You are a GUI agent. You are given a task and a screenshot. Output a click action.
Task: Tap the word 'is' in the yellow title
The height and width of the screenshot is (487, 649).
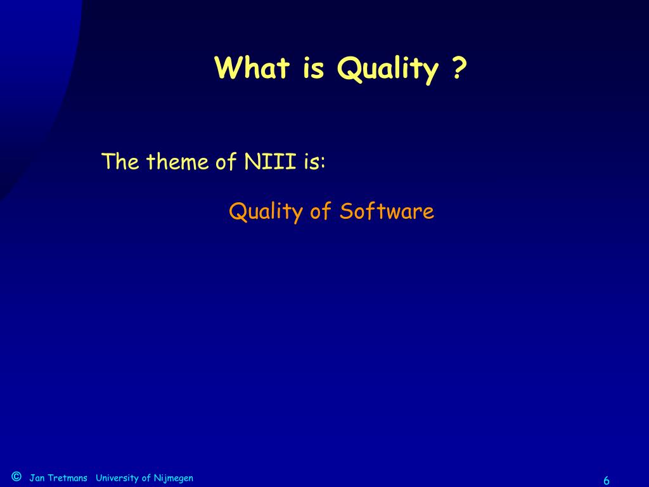coord(313,68)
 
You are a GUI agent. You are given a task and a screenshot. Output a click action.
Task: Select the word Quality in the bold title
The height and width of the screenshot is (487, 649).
coord(387,69)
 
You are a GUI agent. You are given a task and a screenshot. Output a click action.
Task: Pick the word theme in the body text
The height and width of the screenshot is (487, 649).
coord(177,161)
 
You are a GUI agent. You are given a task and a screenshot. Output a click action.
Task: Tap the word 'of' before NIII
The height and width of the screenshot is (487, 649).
coord(226,161)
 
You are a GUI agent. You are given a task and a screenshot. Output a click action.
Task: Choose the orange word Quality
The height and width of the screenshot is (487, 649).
coord(266,212)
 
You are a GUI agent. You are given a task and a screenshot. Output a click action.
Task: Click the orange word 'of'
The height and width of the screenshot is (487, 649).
coord(321,211)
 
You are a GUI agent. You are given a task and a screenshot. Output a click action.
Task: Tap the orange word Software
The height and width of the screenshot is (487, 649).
coord(387,211)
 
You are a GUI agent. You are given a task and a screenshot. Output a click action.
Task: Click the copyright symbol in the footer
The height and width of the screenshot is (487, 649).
coord(16,476)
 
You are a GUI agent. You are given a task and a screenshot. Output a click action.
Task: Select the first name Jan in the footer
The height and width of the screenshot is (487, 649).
coord(37,478)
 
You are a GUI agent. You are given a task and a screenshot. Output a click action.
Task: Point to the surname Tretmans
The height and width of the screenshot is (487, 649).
coord(67,478)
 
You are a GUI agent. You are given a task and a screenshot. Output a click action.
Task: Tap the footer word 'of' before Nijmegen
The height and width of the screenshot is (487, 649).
coord(146,478)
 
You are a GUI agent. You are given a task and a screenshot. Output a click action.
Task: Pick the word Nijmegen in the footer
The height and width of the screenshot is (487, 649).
coord(174,479)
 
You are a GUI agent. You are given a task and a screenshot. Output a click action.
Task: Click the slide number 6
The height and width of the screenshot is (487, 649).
coord(607,481)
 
